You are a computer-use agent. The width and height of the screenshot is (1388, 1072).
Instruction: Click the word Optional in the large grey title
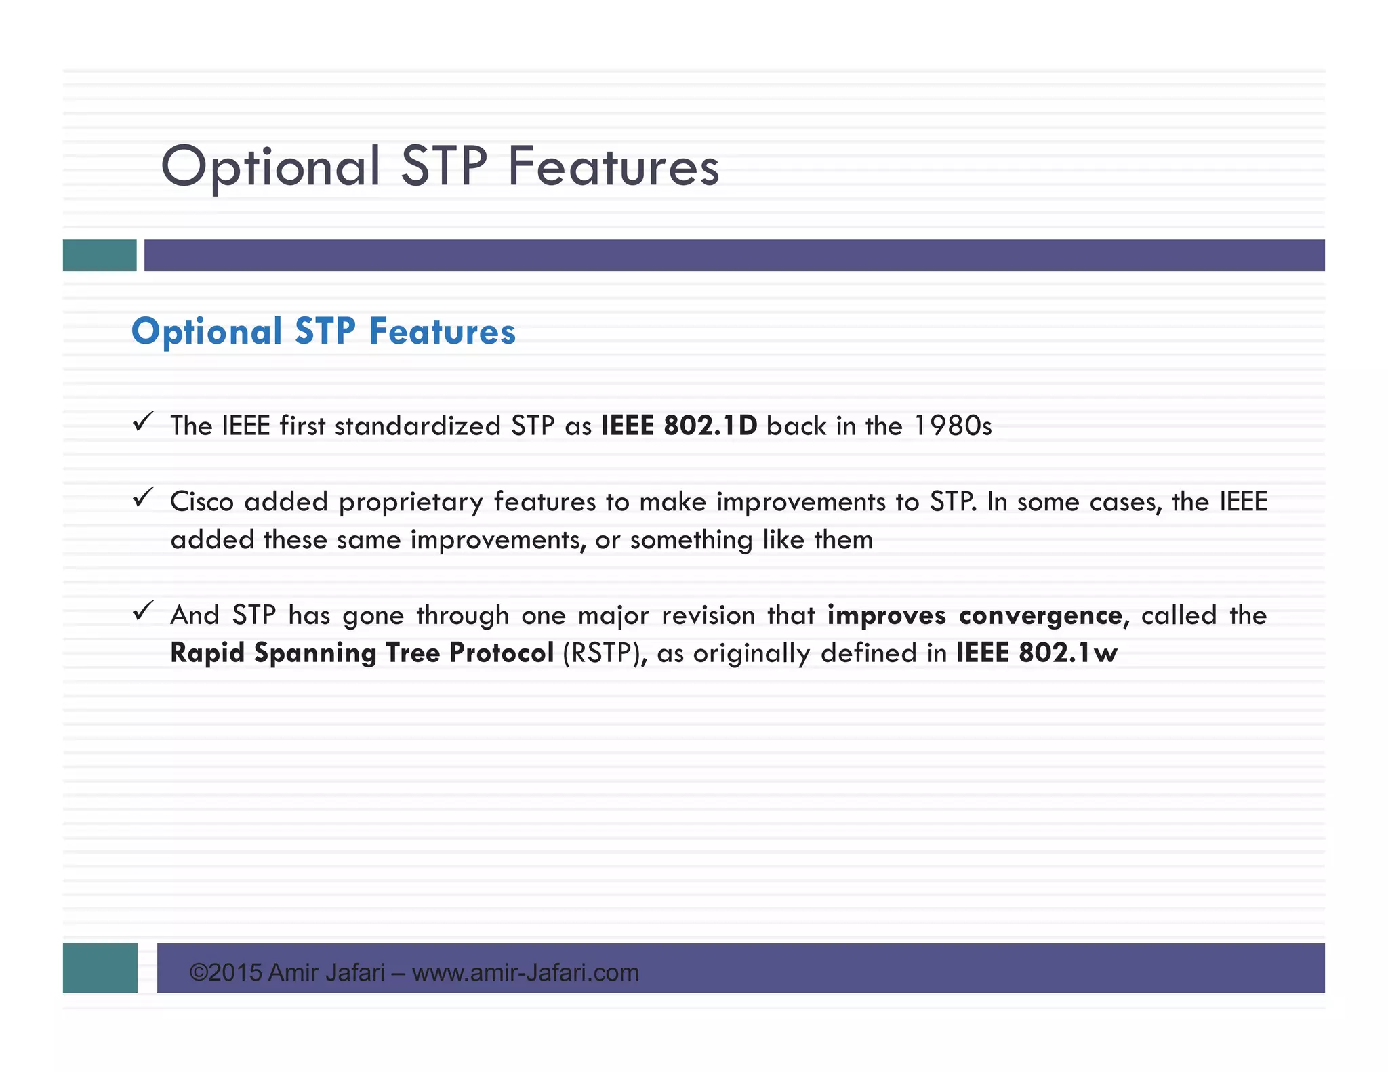click(x=270, y=167)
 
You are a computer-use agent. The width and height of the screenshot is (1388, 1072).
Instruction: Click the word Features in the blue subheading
click(x=442, y=332)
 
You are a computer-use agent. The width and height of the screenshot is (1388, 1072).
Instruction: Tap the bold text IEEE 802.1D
click(x=678, y=426)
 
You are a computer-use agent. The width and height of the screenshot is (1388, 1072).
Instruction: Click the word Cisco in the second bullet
click(x=201, y=502)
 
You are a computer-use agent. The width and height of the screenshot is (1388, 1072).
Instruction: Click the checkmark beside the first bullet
click(x=143, y=422)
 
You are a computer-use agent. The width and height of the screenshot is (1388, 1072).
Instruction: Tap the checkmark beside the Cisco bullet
click(x=143, y=498)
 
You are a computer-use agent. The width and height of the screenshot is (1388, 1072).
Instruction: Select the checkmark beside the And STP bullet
click(x=143, y=611)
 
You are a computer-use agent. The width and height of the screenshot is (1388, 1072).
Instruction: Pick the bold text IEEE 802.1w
click(x=1036, y=653)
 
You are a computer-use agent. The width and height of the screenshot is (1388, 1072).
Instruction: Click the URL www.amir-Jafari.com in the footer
click(x=525, y=973)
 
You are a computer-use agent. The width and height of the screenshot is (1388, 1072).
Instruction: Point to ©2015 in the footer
click(x=225, y=973)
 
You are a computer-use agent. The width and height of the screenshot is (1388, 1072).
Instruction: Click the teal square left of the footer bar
click(x=100, y=968)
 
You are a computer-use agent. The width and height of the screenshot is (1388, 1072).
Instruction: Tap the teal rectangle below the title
click(x=100, y=255)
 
